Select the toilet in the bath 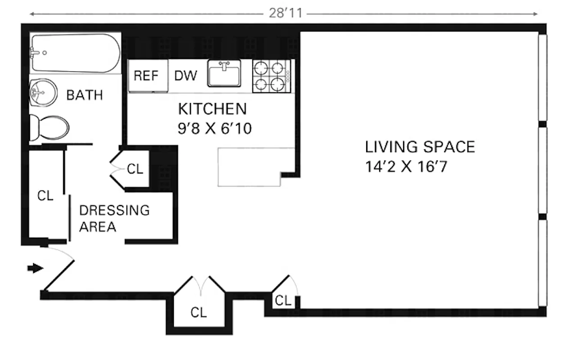tap(49, 128)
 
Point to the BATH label tap(84, 95)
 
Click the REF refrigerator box tap(146, 76)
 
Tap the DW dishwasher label tap(186, 76)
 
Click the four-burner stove tap(271, 76)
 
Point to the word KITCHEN tap(213, 109)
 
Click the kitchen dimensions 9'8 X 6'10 tap(214, 129)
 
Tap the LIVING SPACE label tap(420, 147)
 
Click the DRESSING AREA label tap(114, 219)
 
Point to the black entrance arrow tap(35, 269)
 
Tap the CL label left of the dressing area tap(45, 196)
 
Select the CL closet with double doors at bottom tap(199, 312)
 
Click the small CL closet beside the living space tap(282, 301)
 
